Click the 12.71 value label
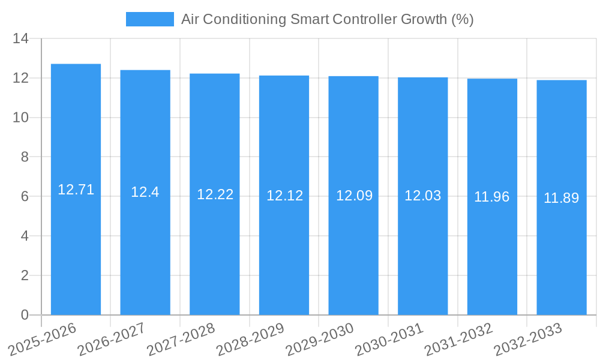click(76, 190)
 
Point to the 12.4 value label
click(145, 192)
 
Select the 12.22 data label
click(215, 194)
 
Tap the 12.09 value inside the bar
click(354, 196)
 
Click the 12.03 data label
click(422, 196)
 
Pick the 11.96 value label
click(492, 197)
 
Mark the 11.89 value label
click(562, 197)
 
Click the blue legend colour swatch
click(149, 19)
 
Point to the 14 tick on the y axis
click(21, 39)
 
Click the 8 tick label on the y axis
click(25, 157)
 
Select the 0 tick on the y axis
click(25, 315)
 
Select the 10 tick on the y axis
click(21, 118)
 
